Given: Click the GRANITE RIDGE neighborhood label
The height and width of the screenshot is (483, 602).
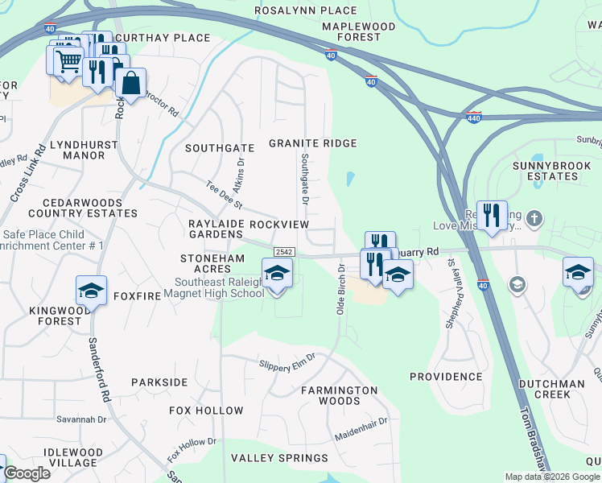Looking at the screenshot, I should click(x=312, y=143).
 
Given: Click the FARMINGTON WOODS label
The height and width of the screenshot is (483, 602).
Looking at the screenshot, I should click(x=340, y=395).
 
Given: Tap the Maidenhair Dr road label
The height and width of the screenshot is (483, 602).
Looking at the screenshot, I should click(x=361, y=429).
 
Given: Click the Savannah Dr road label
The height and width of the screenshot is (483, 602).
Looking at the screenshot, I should click(x=80, y=419).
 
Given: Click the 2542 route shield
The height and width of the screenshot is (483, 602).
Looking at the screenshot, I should click(x=282, y=252).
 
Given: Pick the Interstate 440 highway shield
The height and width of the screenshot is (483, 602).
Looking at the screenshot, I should click(x=474, y=118).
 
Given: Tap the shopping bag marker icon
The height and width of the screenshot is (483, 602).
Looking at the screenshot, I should click(x=130, y=82).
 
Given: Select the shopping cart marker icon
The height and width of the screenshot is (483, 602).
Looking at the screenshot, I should click(x=68, y=60).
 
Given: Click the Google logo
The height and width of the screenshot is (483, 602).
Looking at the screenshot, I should click(x=27, y=473).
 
